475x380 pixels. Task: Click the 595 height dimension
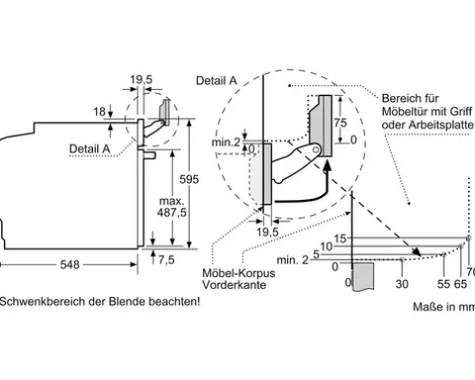[x=189, y=179]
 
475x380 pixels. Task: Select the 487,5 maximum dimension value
[x=171, y=213]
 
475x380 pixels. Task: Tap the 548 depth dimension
[x=70, y=264]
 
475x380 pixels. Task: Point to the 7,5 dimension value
[x=166, y=259]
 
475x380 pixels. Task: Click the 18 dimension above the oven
[x=99, y=112]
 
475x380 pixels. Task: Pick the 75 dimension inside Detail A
[x=340, y=123]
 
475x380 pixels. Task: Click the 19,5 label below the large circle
[x=267, y=232]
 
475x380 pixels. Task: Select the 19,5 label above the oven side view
[x=142, y=79]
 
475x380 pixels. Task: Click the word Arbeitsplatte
[x=440, y=125]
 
